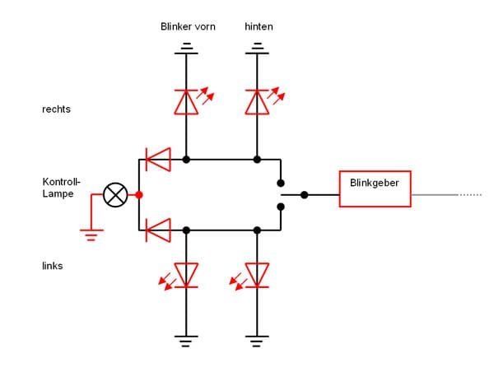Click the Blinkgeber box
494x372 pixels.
(375, 188)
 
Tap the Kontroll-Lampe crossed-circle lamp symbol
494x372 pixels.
(114, 195)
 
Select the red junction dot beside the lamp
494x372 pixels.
(138, 195)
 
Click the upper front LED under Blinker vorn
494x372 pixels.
(189, 100)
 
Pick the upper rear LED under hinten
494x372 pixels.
(258, 100)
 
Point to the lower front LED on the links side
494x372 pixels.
(189, 275)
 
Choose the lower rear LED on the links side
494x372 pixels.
(258, 275)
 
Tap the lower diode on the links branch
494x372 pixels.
(156, 230)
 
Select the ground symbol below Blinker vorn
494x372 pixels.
(189, 49)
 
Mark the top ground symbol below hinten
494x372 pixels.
(258, 49)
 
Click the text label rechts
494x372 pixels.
(56, 109)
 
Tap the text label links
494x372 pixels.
(52, 266)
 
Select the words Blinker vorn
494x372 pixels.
(188, 27)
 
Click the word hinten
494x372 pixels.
(259, 27)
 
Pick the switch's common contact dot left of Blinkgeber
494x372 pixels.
(305, 195)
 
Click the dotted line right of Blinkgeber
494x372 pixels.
(470, 195)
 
